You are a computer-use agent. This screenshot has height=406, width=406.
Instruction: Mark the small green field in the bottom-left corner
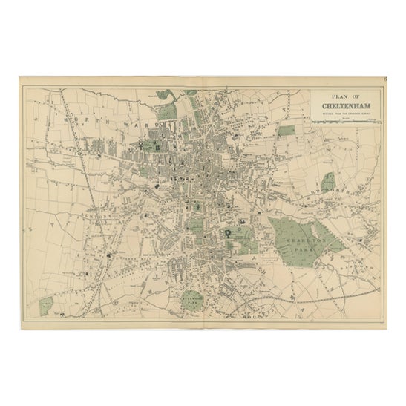point(47,304)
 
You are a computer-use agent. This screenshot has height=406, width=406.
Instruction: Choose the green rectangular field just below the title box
point(287,132)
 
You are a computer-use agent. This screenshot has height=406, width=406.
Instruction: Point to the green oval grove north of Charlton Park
point(327,183)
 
